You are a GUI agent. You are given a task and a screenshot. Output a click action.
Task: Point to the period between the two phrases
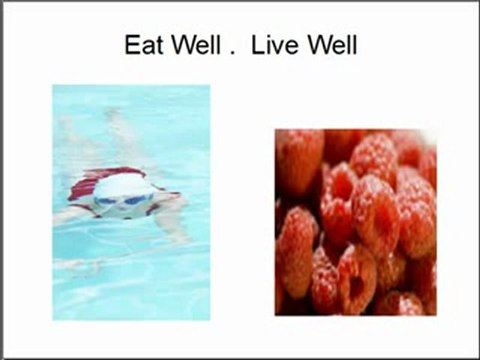tap(232, 54)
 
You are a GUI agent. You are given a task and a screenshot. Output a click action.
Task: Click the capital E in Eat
tap(130, 46)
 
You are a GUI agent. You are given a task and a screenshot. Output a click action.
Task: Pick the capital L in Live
tap(256, 46)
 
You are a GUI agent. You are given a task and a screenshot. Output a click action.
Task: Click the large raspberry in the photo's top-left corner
tap(297, 160)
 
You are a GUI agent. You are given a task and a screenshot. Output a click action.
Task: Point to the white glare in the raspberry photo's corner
tap(428, 137)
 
